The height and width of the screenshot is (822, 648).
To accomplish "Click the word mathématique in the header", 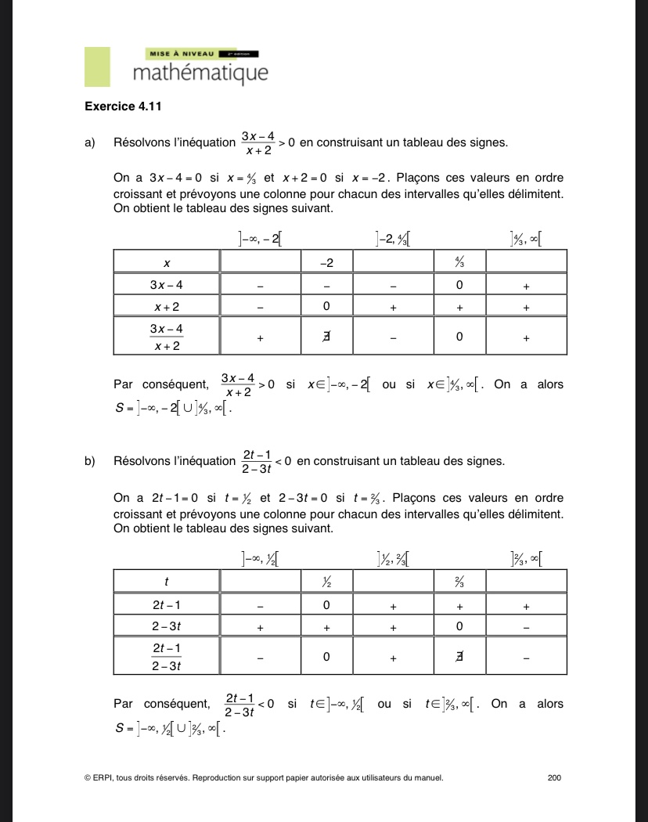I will pos(200,74).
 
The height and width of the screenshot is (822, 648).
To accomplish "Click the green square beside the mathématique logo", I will pos(97,67).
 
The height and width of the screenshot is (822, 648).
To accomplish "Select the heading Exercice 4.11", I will pos(117,106).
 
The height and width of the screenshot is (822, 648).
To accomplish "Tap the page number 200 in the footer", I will pos(555,777).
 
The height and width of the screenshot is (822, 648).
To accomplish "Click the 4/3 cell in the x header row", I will pos(459,261).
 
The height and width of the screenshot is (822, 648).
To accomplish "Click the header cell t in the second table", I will pos(167,582).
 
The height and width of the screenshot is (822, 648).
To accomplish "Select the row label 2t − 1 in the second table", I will pos(167,605).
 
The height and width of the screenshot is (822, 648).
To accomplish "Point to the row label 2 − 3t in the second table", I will pos(167,627).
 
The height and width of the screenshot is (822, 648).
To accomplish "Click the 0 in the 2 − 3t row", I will pos(459,627).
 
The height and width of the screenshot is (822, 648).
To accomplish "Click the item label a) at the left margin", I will pos(89,142).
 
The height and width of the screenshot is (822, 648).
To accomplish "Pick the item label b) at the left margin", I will pos(89,461).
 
